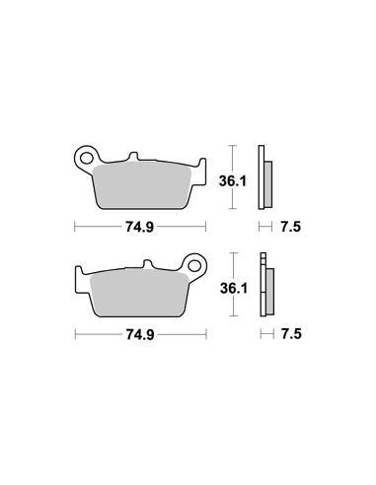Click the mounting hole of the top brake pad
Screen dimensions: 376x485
86,158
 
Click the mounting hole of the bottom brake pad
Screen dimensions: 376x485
194,265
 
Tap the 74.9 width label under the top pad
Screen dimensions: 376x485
139,227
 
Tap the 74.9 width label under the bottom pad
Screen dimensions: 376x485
140,334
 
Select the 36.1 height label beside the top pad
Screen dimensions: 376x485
233,181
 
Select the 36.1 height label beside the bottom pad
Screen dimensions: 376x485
234,288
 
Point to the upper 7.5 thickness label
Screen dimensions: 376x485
291,227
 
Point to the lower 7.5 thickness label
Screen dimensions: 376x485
292,334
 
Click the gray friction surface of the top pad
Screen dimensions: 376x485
142,185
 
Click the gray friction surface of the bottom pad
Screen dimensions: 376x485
139,293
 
